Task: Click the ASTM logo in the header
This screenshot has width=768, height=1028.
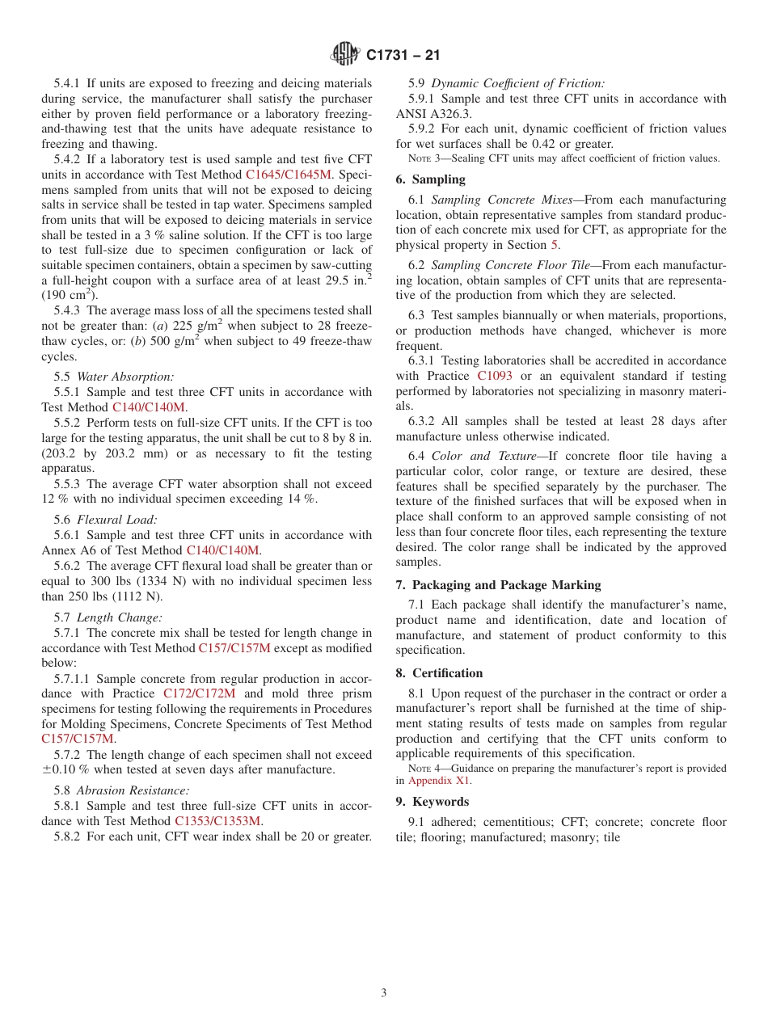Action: click(x=345, y=55)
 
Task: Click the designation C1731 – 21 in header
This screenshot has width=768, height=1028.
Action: click(x=403, y=56)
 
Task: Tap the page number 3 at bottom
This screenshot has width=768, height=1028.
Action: click(x=384, y=993)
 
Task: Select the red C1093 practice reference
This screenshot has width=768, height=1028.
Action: click(x=494, y=376)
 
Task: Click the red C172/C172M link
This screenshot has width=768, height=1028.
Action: click(x=199, y=693)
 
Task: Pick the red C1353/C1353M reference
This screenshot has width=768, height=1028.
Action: click(x=217, y=821)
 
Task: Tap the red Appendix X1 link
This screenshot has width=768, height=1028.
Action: click(x=438, y=781)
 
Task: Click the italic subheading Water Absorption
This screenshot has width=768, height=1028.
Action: click(x=125, y=377)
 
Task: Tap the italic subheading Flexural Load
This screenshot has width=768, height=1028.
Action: click(x=117, y=520)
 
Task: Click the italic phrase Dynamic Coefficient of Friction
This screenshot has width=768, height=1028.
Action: click(x=517, y=83)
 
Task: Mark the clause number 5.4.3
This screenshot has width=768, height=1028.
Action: click(x=68, y=310)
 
